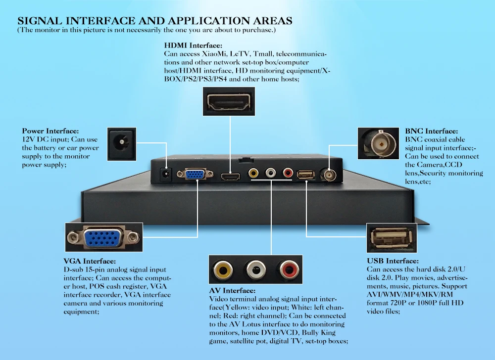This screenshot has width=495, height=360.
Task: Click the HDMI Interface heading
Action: [193, 45]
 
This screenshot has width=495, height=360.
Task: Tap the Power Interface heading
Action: [50, 131]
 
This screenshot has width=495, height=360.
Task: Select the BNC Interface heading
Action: [431, 131]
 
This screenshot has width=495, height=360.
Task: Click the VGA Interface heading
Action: [90, 261]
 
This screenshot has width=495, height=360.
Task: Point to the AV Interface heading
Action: [232, 291]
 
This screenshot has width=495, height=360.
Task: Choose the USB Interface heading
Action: [393, 261]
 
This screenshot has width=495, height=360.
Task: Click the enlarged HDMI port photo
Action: [229, 101]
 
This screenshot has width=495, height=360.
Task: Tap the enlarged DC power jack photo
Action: [122, 144]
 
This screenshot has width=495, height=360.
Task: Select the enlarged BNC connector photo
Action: [378, 143]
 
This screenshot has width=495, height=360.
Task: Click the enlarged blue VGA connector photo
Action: [104, 237]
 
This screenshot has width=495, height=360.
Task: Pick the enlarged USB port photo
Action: [392, 238]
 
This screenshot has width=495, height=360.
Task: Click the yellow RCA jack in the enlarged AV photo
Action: [223, 270]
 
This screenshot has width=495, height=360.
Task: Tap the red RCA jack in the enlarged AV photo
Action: [289, 270]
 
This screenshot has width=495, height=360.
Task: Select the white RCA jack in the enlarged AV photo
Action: [256, 270]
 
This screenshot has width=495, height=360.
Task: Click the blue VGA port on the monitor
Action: [195, 174]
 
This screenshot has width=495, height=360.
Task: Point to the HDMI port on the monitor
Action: [231, 177]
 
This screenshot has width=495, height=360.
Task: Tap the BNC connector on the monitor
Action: [328, 174]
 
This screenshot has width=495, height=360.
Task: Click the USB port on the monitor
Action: [305, 175]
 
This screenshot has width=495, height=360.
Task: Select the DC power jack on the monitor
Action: [166, 175]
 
